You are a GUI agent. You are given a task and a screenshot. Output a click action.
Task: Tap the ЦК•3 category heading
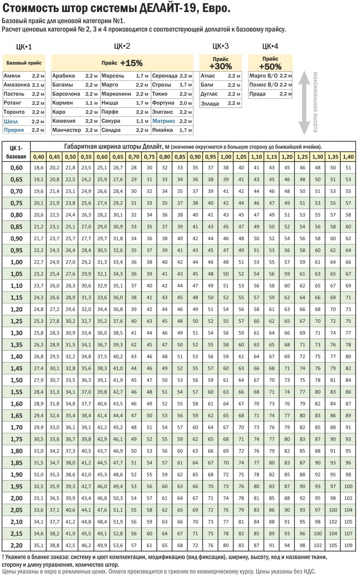221,46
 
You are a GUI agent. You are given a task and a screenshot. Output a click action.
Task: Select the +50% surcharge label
270,67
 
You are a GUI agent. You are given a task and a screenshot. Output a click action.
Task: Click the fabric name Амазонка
17,85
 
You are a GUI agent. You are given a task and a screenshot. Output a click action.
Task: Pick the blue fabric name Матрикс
164,121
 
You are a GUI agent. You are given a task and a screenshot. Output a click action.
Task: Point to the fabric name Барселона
66,94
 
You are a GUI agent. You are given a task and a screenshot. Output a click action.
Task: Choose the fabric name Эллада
210,104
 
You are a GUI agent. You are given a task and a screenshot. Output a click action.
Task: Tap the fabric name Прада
257,94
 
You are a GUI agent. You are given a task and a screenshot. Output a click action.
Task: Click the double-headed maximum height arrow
304,103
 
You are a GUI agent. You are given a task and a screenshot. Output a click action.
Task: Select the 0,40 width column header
39,157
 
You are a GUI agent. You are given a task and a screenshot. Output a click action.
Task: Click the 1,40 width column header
348,157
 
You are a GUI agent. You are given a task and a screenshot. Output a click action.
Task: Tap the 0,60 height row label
17,168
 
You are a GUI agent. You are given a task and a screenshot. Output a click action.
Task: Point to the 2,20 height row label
17,545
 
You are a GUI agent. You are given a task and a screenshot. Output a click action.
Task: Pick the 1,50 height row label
17,380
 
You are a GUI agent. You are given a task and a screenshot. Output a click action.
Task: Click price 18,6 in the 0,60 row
39,168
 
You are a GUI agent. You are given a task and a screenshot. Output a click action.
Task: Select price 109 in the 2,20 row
348,545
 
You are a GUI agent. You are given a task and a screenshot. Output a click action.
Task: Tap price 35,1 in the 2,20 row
39,545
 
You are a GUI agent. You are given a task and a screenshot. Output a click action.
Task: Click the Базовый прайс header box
24,63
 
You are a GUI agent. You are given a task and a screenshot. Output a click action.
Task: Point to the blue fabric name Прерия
14,130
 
